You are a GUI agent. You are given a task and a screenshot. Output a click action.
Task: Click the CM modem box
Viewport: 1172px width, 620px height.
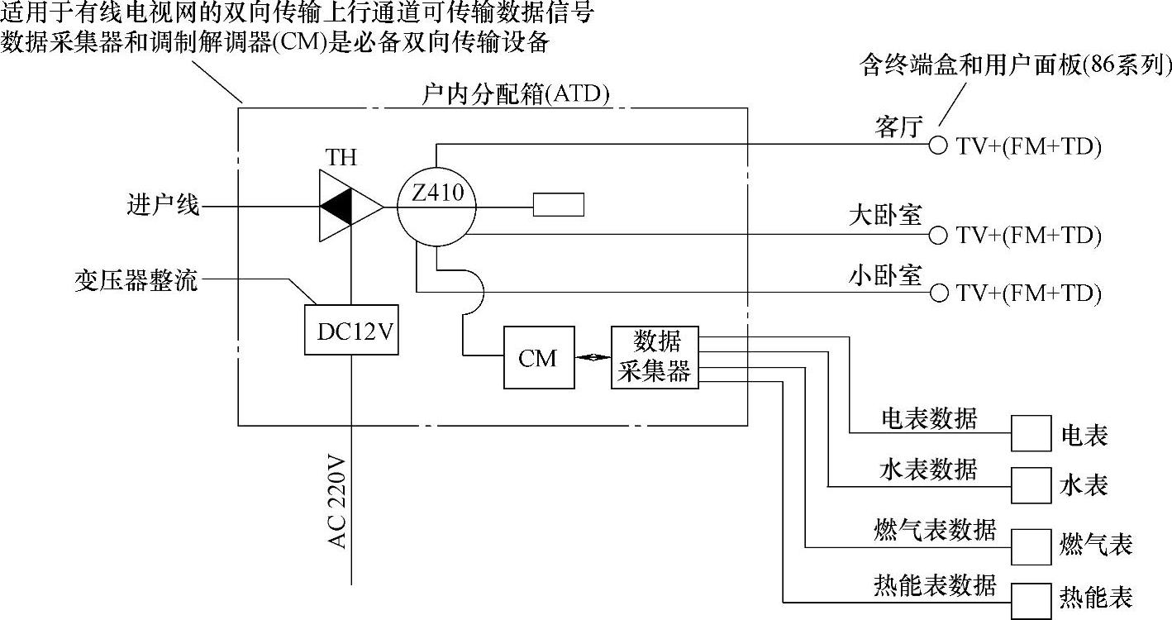pos(539,358)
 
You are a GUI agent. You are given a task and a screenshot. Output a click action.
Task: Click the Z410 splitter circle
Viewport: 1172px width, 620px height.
pos(437,207)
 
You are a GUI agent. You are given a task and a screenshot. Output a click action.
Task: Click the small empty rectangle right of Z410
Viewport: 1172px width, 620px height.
pos(558,204)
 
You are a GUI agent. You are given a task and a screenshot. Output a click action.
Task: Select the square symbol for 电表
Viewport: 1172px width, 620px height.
pos(1031,433)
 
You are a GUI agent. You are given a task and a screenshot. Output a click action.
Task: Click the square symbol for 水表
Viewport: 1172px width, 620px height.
pos(1031,485)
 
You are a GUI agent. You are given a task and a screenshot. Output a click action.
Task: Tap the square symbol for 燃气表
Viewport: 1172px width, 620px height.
pos(1031,546)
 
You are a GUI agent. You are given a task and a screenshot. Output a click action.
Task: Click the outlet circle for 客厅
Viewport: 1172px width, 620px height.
pos(937,145)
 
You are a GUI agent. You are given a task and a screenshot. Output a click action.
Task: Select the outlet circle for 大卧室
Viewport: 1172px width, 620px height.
pos(937,235)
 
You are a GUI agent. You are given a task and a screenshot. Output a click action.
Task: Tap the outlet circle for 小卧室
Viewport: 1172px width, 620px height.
pos(937,293)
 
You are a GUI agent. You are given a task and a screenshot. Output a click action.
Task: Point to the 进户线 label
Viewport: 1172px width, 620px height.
pos(164,205)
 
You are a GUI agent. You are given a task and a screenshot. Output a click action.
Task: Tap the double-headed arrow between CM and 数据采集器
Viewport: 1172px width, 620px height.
pos(593,358)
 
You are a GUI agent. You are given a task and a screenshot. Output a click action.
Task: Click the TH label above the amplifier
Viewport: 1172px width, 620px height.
pos(341,156)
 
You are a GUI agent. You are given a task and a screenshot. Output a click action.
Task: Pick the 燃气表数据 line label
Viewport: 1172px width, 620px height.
pos(934,528)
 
